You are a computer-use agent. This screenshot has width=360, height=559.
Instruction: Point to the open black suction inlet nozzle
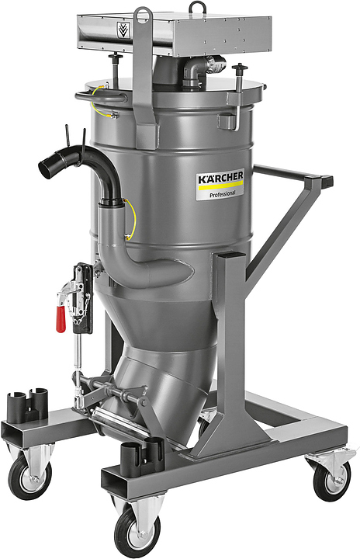[x=47, y=166]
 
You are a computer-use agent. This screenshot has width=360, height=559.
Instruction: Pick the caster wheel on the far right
[x=331, y=479]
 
